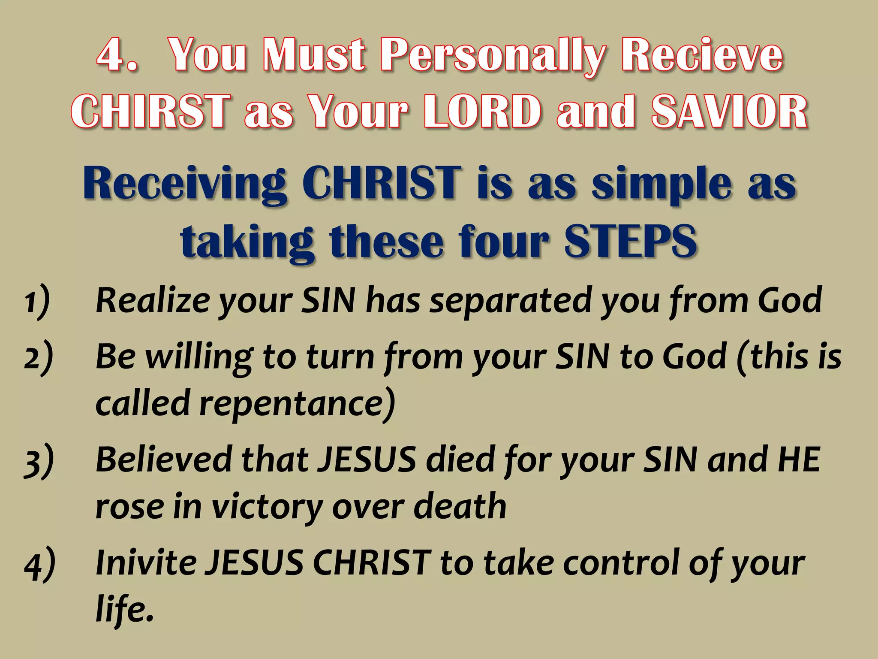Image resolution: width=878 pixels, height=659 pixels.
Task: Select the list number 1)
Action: pos(37,301)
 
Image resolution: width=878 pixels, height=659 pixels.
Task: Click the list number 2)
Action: pos(39,357)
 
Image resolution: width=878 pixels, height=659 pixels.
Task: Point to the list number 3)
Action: pos(39,461)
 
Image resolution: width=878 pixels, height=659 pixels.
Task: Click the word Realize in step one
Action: pos(153,300)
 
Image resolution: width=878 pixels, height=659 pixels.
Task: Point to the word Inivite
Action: pos(146,562)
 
